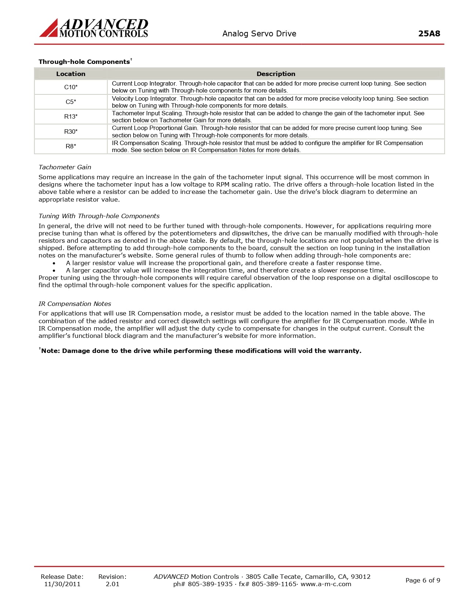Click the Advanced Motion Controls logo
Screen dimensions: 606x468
pyautogui.click(x=94, y=28)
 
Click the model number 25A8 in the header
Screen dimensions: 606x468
pyautogui.click(x=429, y=33)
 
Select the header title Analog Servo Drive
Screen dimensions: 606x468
pyautogui.click(x=259, y=33)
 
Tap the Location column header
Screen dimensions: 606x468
pyautogui.click(x=71, y=74)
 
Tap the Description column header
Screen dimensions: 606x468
pyautogui.click(x=276, y=74)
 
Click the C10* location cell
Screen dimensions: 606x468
pyautogui.click(x=71, y=87)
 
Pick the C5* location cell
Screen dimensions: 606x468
pyautogui.click(x=71, y=102)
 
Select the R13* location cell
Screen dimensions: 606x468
pyautogui.click(x=71, y=116)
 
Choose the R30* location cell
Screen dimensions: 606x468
pyautogui.click(x=71, y=131)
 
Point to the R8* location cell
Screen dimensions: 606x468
pyautogui.click(x=71, y=146)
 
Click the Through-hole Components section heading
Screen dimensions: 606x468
pyautogui.click(x=84, y=62)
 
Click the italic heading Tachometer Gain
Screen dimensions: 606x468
pyautogui.click(x=65, y=167)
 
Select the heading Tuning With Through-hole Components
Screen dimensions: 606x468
pyautogui.click(x=99, y=216)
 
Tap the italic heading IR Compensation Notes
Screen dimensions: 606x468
pyautogui.click(x=75, y=304)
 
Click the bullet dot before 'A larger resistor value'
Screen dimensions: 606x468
pyautogui.click(x=54, y=263)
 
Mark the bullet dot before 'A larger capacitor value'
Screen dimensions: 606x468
pyautogui.click(x=54, y=271)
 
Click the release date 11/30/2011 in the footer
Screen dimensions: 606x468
pyautogui.click(x=62, y=584)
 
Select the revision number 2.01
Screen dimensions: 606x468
pyautogui.click(x=112, y=584)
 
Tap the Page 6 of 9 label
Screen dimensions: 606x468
pyautogui.click(x=422, y=580)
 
